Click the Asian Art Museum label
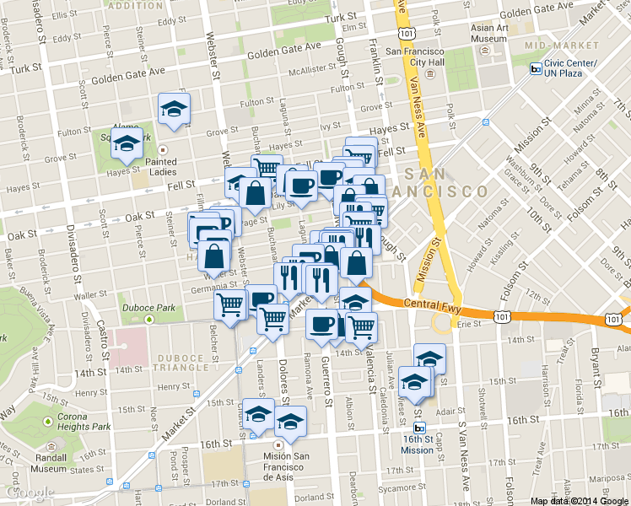(489, 32)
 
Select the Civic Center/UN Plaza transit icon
(536, 69)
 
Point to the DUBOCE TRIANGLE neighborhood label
(181, 363)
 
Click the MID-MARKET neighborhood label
(549, 45)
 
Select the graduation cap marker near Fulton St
(175, 109)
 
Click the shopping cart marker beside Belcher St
(229, 306)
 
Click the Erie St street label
(470, 323)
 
